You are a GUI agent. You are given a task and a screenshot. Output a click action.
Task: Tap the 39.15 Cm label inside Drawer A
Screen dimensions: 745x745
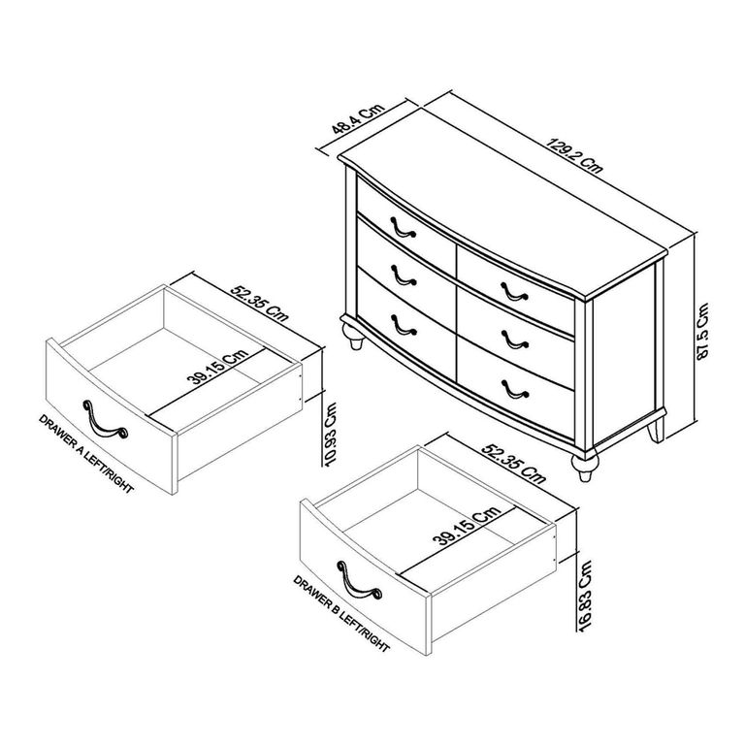(x=220, y=367)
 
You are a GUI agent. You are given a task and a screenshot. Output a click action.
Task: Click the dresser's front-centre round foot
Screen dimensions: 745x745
(x=585, y=469)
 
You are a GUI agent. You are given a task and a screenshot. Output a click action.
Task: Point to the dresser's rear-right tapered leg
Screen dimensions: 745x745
(x=659, y=427)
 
